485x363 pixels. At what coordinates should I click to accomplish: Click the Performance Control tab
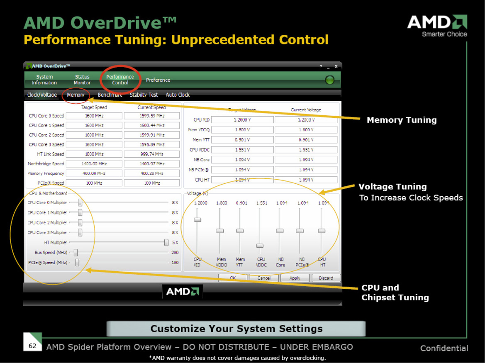[x=120, y=80]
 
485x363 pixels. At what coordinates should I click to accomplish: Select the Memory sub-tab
[x=76, y=95]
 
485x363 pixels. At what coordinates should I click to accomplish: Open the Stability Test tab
[x=144, y=95]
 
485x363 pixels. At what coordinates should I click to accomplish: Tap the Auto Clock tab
[x=178, y=95]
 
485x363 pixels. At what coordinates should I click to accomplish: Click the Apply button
[x=295, y=278]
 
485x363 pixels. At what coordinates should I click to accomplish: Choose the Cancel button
[x=264, y=278]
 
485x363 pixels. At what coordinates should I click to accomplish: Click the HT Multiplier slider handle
[x=166, y=242]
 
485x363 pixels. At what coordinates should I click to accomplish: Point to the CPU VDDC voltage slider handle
[x=260, y=246]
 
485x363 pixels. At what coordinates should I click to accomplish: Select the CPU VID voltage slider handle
[x=197, y=219]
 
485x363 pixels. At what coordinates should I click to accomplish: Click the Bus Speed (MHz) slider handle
[x=76, y=252]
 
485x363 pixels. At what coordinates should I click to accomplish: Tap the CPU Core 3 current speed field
[x=152, y=145]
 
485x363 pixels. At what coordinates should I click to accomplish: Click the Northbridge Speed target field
[x=94, y=164]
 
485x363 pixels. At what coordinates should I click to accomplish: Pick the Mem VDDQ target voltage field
[x=242, y=130]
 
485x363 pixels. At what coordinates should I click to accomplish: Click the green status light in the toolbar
[x=329, y=80]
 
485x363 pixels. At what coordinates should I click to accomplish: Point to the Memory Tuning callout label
[x=401, y=120]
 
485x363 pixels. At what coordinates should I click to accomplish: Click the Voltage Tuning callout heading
[x=392, y=187]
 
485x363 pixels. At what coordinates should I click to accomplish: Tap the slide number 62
[x=32, y=346]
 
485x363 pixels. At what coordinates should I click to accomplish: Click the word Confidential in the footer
[x=444, y=348]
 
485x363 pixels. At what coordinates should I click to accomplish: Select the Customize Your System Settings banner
[x=236, y=329]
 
